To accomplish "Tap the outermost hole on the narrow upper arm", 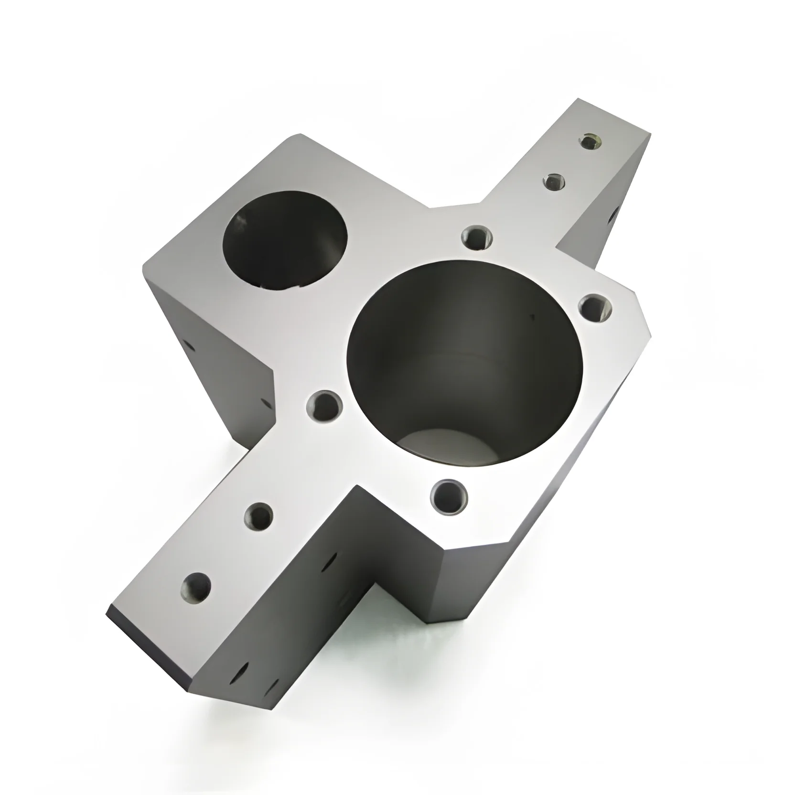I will point(591,141).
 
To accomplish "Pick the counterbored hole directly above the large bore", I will point(477,236).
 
